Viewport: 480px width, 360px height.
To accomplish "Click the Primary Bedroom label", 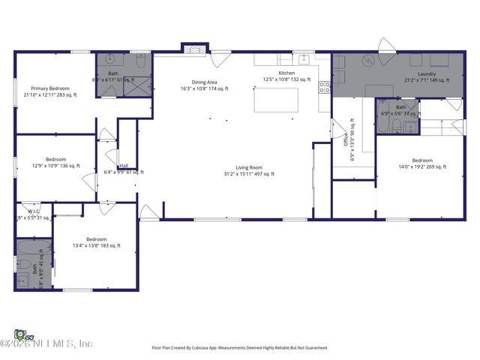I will (50, 88).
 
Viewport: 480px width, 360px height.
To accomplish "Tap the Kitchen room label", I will (287, 73).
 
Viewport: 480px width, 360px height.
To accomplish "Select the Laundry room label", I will (427, 73).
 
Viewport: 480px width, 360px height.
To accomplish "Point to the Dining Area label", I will (204, 82).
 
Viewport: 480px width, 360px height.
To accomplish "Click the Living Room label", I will (249, 167).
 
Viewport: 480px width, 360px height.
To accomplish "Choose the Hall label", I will (123, 166).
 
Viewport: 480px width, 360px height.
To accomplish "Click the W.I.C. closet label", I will (34, 211).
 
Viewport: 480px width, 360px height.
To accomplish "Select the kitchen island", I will (276, 100).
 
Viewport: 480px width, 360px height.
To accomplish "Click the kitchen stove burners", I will (325, 87).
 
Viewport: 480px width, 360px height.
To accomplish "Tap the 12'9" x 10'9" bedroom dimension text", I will (55, 166).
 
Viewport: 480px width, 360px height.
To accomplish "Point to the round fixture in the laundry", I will (368, 62).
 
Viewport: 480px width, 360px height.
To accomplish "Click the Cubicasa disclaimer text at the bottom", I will (240, 348).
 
